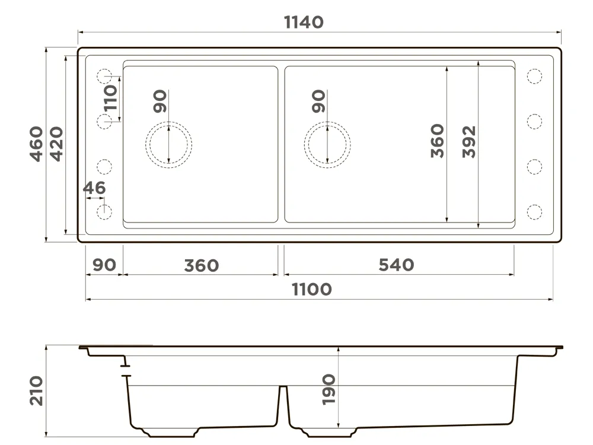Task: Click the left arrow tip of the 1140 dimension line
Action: point(78,33)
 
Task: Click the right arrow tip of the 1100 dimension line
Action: point(553,299)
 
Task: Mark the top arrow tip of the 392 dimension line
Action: point(479,61)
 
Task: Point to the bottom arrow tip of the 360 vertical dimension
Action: point(447,222)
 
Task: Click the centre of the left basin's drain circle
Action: point(168,145)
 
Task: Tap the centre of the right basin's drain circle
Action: point(327,145)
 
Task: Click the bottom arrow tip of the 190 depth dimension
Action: point(339,428)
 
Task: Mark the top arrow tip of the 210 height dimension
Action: point(46,345)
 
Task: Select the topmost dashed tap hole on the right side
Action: point(534,77)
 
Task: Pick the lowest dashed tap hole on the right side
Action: point(534,212)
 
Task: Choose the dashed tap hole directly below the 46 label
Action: point(104,212)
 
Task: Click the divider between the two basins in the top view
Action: point(281,145)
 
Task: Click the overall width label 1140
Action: point(304,23)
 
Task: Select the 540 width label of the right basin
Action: point(396,265)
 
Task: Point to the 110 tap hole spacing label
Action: point(111,98)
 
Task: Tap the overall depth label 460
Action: point(37,144)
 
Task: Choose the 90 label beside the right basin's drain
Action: point(319,101)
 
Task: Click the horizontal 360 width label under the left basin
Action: point(202,266)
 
